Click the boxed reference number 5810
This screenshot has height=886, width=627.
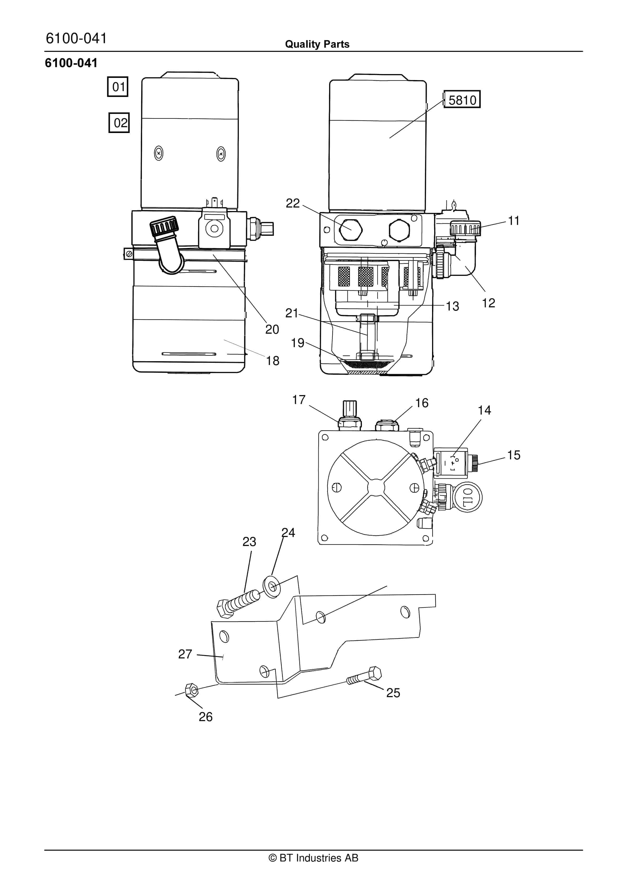click(462, 100)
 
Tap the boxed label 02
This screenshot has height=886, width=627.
click(119, 123)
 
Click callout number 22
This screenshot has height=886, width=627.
click(293, 203)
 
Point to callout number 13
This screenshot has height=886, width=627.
click(453, 306)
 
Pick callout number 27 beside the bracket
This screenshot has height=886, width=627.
click(185, 654)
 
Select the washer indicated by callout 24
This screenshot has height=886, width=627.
click(273, 587)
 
